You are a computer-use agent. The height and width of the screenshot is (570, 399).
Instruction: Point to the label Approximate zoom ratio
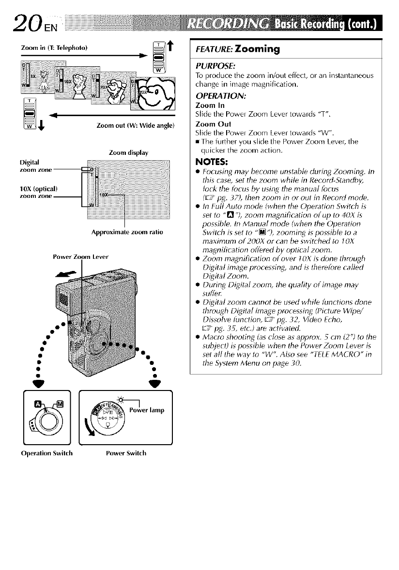[x=127, y=232]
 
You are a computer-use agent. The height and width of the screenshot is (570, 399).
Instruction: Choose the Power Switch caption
[x=126, y=453]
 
